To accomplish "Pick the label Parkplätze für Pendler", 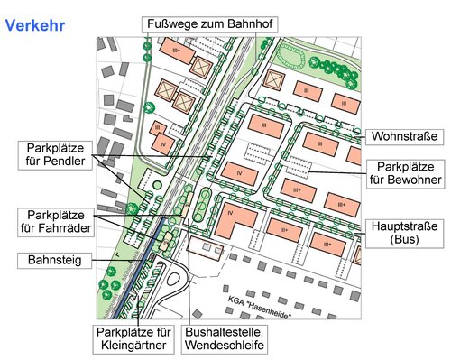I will click(57, 154).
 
